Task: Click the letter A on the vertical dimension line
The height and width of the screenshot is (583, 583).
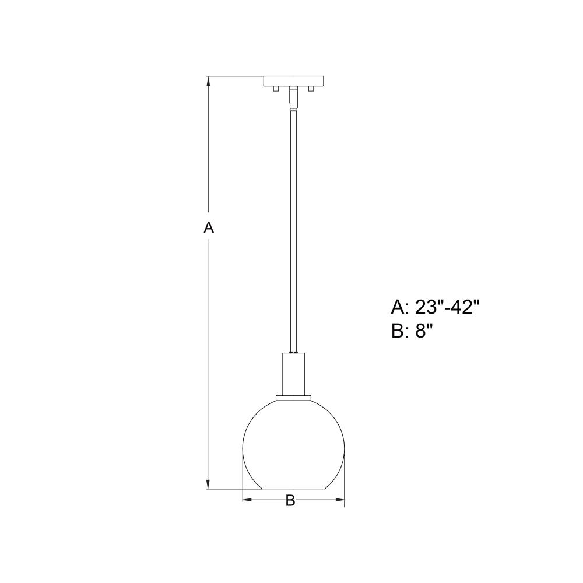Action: coord(209,227)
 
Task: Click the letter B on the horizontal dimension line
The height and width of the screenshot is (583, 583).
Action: coord(290,500)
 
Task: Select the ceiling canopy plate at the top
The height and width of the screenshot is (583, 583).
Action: coord(294,81)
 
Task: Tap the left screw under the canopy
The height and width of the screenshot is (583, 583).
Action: coord(276,89)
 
